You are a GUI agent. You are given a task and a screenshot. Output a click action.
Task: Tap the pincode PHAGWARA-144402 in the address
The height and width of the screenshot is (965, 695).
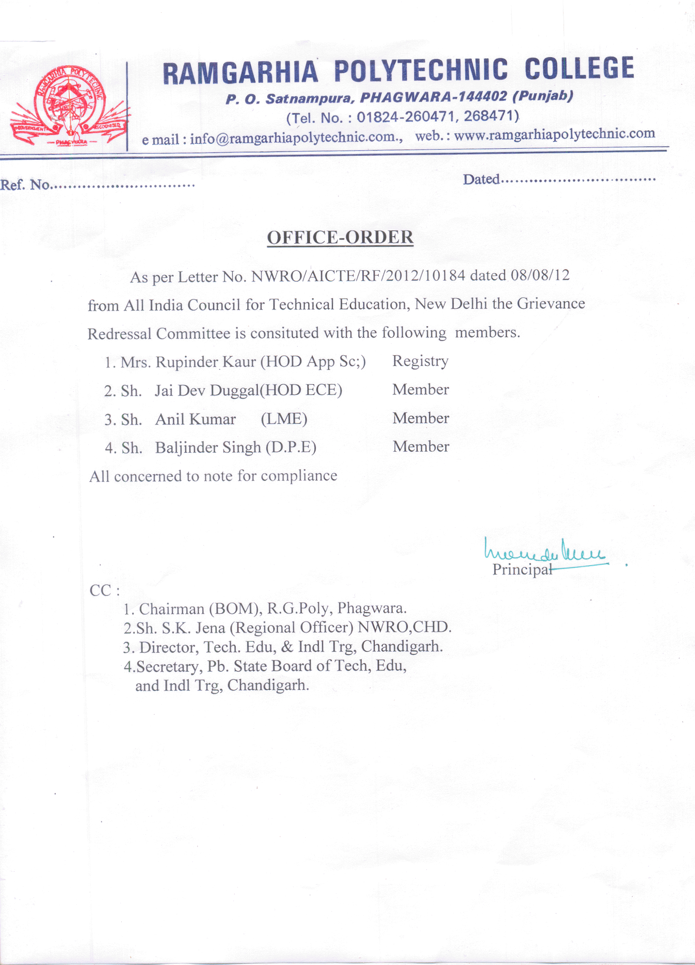point(433,98)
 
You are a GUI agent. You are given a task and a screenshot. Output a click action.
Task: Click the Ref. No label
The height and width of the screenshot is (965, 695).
point(25,185)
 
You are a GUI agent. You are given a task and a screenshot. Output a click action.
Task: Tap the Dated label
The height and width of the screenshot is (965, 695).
point(481,179)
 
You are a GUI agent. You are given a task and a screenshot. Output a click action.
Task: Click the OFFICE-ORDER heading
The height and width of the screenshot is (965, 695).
point(340,238)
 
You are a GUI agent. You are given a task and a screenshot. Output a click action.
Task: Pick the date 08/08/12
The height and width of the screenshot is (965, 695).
point(540,275)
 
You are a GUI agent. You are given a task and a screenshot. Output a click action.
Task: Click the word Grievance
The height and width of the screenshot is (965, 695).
point(551,303)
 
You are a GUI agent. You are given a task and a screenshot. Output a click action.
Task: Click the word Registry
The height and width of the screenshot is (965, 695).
point(420,361)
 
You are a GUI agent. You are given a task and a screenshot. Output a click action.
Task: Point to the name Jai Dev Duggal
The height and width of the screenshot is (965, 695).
point(207,391)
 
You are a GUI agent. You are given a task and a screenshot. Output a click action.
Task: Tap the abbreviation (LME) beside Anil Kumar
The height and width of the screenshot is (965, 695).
point(284,419)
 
